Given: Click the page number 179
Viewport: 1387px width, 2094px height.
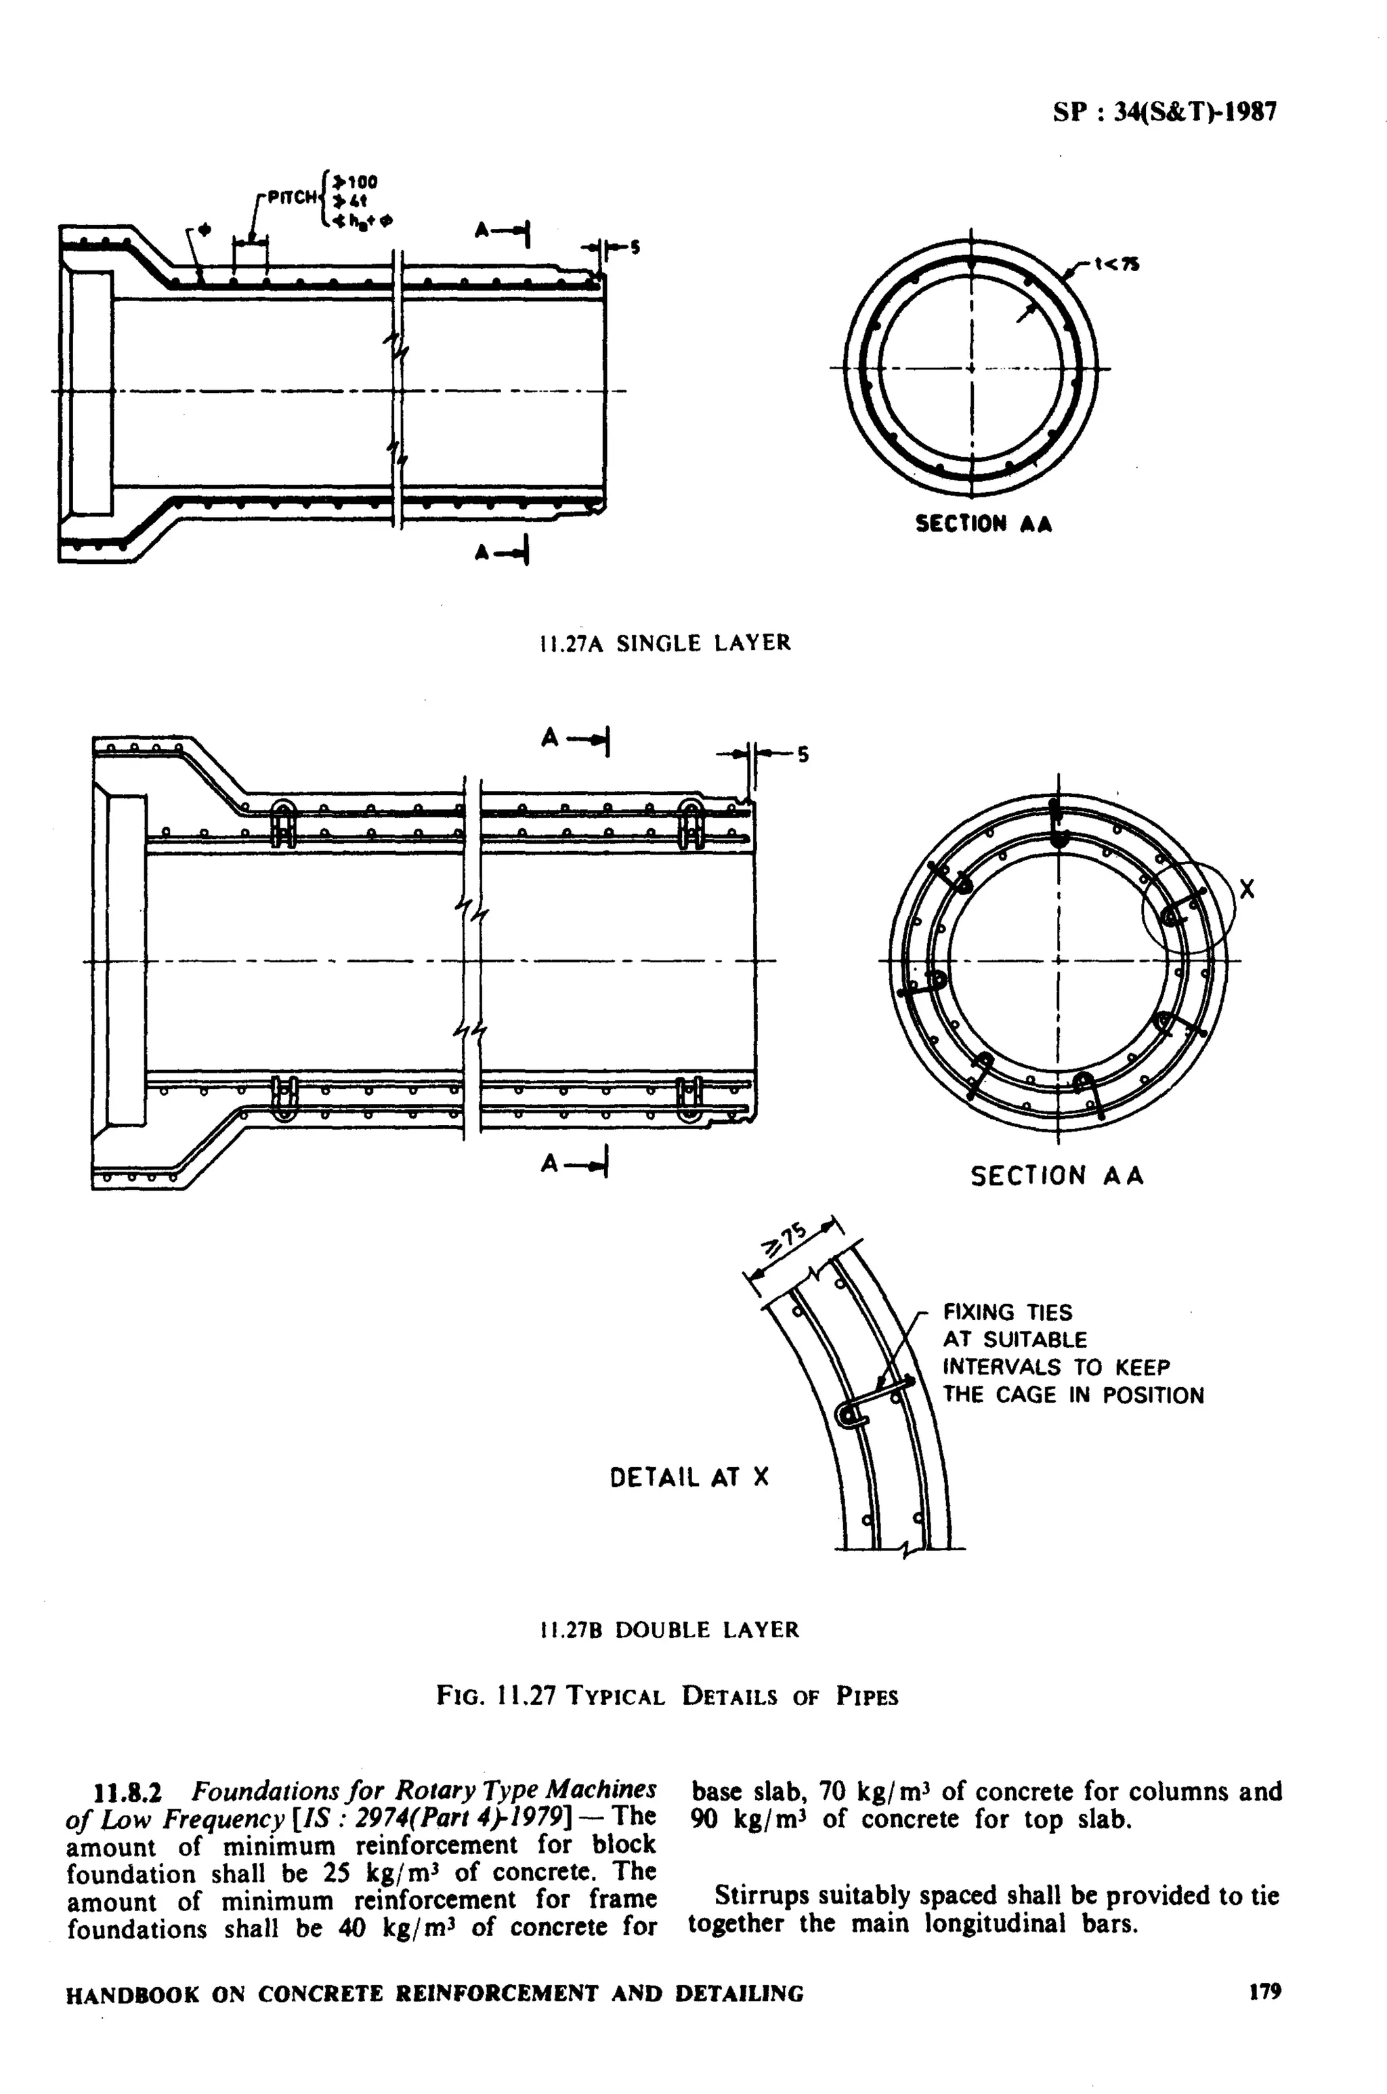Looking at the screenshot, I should (x=1265, y=1992).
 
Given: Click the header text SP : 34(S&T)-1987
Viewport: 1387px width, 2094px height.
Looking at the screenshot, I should (x=1164, y=112).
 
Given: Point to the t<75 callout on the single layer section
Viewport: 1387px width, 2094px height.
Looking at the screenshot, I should (x=1116, y=263).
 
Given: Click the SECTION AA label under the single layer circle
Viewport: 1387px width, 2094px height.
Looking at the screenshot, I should (x=983, y=524).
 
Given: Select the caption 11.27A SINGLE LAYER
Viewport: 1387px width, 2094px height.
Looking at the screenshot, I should (x=665, y=643).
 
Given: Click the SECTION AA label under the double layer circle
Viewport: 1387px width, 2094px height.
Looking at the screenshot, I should (x=1057, y=1176).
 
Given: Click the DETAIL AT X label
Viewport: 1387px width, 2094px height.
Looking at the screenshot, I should (x=689, y=1477).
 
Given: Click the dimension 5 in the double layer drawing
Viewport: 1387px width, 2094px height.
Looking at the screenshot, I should (x=803, y=755).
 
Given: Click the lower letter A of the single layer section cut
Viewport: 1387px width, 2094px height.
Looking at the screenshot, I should (x=483, y=552).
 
